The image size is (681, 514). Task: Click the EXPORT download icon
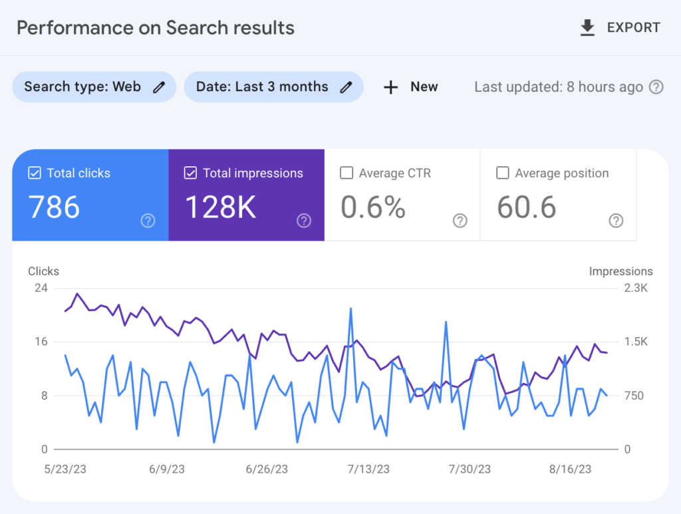point(587,28)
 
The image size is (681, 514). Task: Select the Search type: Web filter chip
point(94,87)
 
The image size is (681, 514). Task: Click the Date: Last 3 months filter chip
point(273,87)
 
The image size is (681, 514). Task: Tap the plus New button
point(411,87)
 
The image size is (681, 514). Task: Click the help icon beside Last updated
point(656,87)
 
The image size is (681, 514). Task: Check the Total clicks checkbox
point(35,174)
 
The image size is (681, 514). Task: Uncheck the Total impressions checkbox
point(191,174)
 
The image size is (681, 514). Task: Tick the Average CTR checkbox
point(346,174)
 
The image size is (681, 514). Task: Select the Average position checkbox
point(503,174)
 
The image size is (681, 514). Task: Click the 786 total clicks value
point(55,207)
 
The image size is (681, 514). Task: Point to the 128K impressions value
point(220,207)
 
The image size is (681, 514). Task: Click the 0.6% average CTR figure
point(373,207)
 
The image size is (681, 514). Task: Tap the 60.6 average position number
point(526,207)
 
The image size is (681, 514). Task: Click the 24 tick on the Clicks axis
point(41,288)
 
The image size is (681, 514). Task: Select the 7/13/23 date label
point(368,469)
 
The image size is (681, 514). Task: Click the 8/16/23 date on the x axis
point(571,469)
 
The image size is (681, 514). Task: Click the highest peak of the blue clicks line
point(350,309)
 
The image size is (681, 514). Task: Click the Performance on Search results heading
point(156,28)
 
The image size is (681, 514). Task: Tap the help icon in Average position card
point(616,221)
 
